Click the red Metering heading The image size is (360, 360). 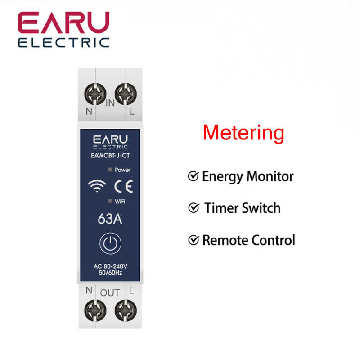[x=243, y=133]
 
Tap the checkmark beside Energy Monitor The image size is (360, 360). [x=193, y=176]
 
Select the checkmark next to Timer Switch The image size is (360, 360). [x=193, y=208]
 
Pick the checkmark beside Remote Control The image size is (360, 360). [x=193, y=240]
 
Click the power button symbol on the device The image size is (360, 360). [x=110, y=243]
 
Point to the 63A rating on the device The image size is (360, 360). [x=110, y=219]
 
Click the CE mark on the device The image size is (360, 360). [x=123, y=186]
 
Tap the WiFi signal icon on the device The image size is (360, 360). [x=97, y=186]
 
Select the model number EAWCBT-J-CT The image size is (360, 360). [x=110, y=156]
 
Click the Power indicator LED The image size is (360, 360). [x=110, y=170]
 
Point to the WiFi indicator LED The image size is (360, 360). [x=110, y=201]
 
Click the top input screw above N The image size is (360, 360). [x=95, y=94]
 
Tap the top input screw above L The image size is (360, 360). [x=126, y=94]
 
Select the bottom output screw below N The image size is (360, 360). [x=95, y=310]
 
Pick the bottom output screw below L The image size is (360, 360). [x=126, y=310]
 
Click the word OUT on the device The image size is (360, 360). [x=110, y=293]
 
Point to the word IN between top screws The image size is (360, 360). [x=110, y=103]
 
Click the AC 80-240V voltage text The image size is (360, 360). [x=110, y=266]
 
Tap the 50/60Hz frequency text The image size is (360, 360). [x=110, y=273]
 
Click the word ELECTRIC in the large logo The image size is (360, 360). [x=64, y=43]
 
